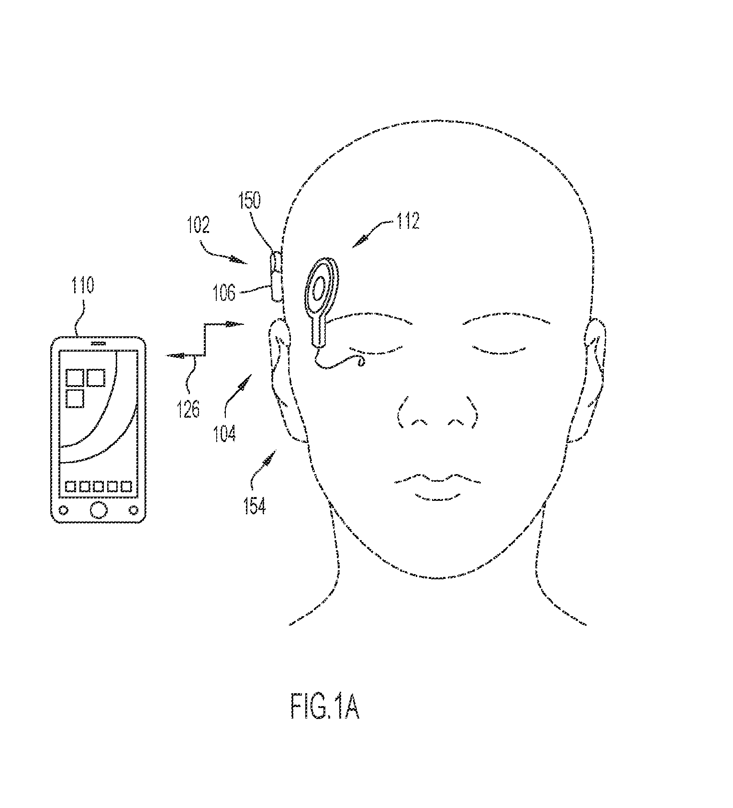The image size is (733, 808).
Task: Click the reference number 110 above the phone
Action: pyautogui.click(x=83, y=285)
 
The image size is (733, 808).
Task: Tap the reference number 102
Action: pyautogui.click(x=199, y=225)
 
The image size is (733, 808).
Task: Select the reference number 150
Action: pyautogui.click(x=250, y=201)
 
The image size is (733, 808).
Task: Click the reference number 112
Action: pyautogui.click(x=407, y=221)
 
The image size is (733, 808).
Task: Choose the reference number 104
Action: pyautogui.click(x=224, y=433)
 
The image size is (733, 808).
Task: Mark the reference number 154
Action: pyautogui.click(x=254, y=505)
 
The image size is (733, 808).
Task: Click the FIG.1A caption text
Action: pyautogui.click(x=324, y=708)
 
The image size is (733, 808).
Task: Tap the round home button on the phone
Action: pyautogui.click(x=98, y=509)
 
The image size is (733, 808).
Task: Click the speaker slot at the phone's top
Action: pyautogui.click(x=98, y=343)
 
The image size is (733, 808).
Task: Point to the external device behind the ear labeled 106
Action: pyautogui.click(x=276, y=277)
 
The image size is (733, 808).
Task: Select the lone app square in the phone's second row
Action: pyautogui.click(x=74, y=398)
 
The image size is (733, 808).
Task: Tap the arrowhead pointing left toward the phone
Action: pyautogui.click(x=174, y=355)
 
